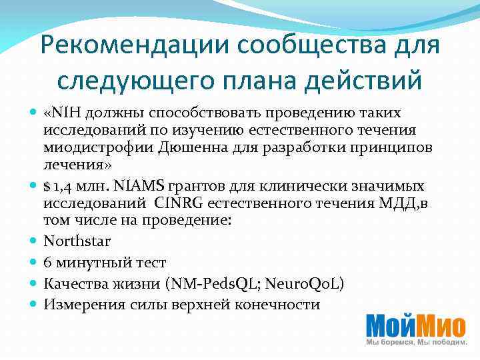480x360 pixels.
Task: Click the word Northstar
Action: (77, 241)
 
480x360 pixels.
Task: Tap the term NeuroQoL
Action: (304, 284)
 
